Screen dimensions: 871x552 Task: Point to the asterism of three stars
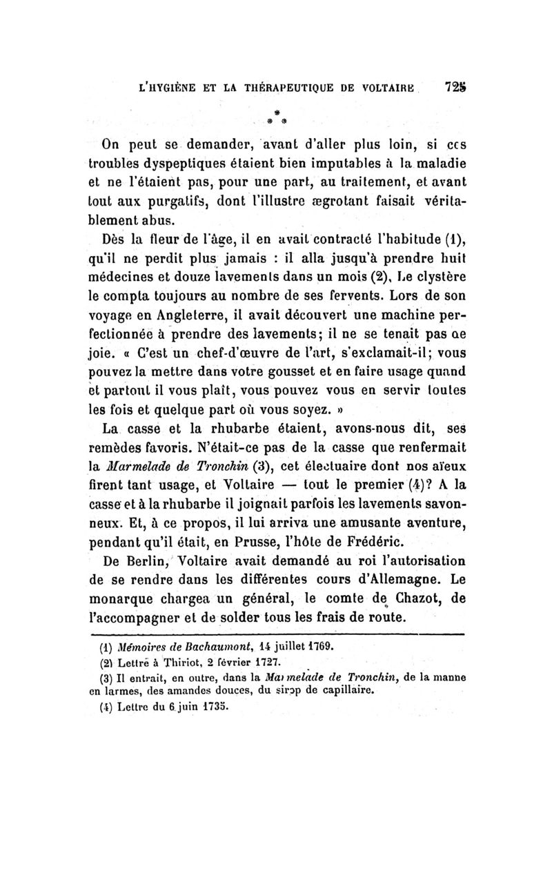tap(275, 115)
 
